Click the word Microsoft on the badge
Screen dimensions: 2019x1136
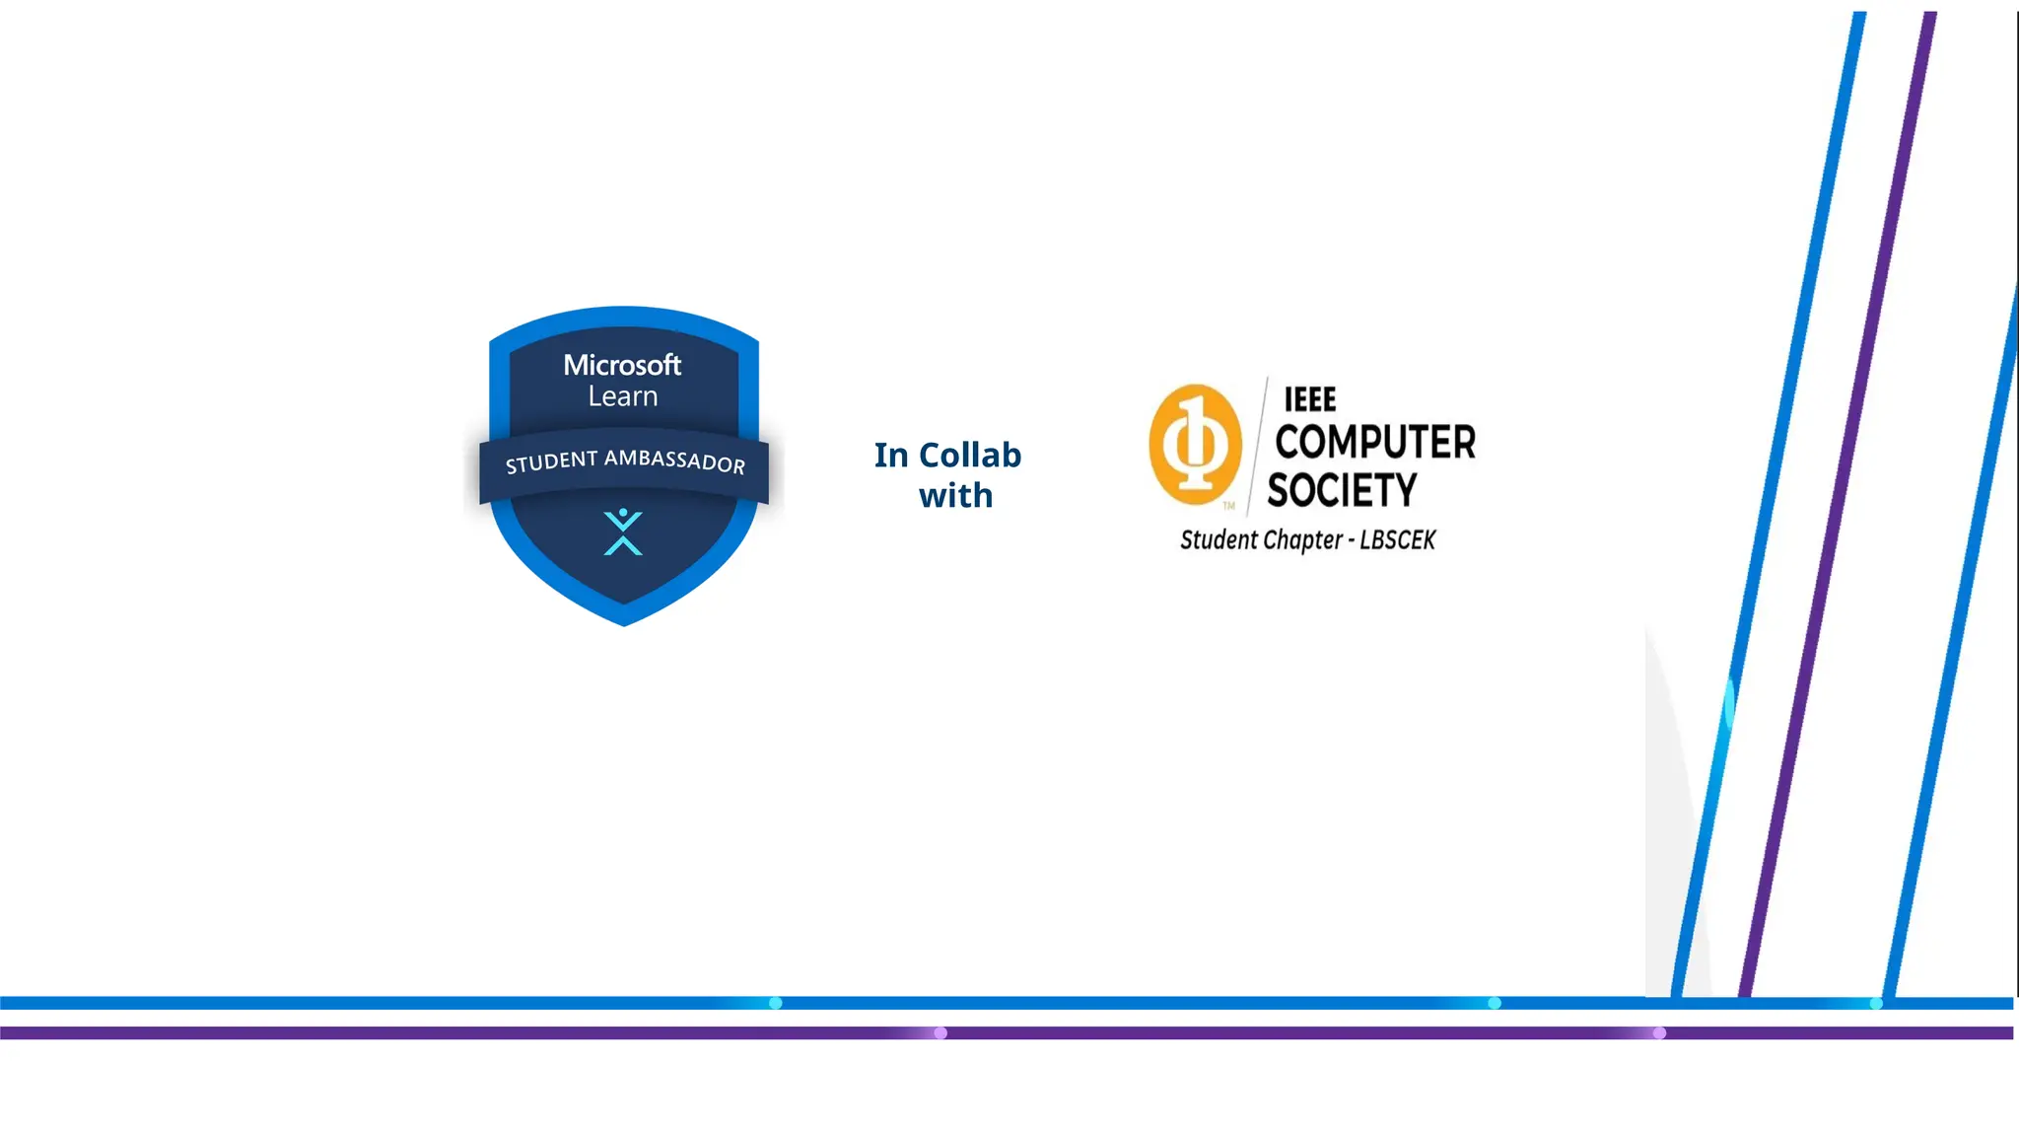(x=622, y=365)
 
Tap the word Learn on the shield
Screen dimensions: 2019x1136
(x=622, y=396)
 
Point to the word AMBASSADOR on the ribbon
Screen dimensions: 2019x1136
(x=674, y=460)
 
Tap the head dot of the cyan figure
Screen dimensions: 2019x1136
(x=623, y=513)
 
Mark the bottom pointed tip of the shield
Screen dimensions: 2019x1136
(x=624, y=623)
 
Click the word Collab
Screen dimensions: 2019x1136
(x=970, y=455)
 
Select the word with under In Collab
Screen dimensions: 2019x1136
(x=955, y=495)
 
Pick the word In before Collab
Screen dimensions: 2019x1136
(x=891, y=455)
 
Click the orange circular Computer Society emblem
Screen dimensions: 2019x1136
(x=1195, y=444)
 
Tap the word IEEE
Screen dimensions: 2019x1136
(x=1309, y=399)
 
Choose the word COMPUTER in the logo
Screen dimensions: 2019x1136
(x=1375, y=442)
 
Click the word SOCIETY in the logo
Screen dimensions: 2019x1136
(x=1342, y=490)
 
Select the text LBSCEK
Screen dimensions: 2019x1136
(x=1397, y=540)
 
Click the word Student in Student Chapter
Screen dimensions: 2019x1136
(x=1219, y=540)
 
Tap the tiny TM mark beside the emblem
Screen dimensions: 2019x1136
(x=1229, y=506)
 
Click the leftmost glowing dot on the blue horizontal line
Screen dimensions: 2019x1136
(x=776, y=1003)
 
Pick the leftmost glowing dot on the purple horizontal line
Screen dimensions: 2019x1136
(x=940, y=1033)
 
